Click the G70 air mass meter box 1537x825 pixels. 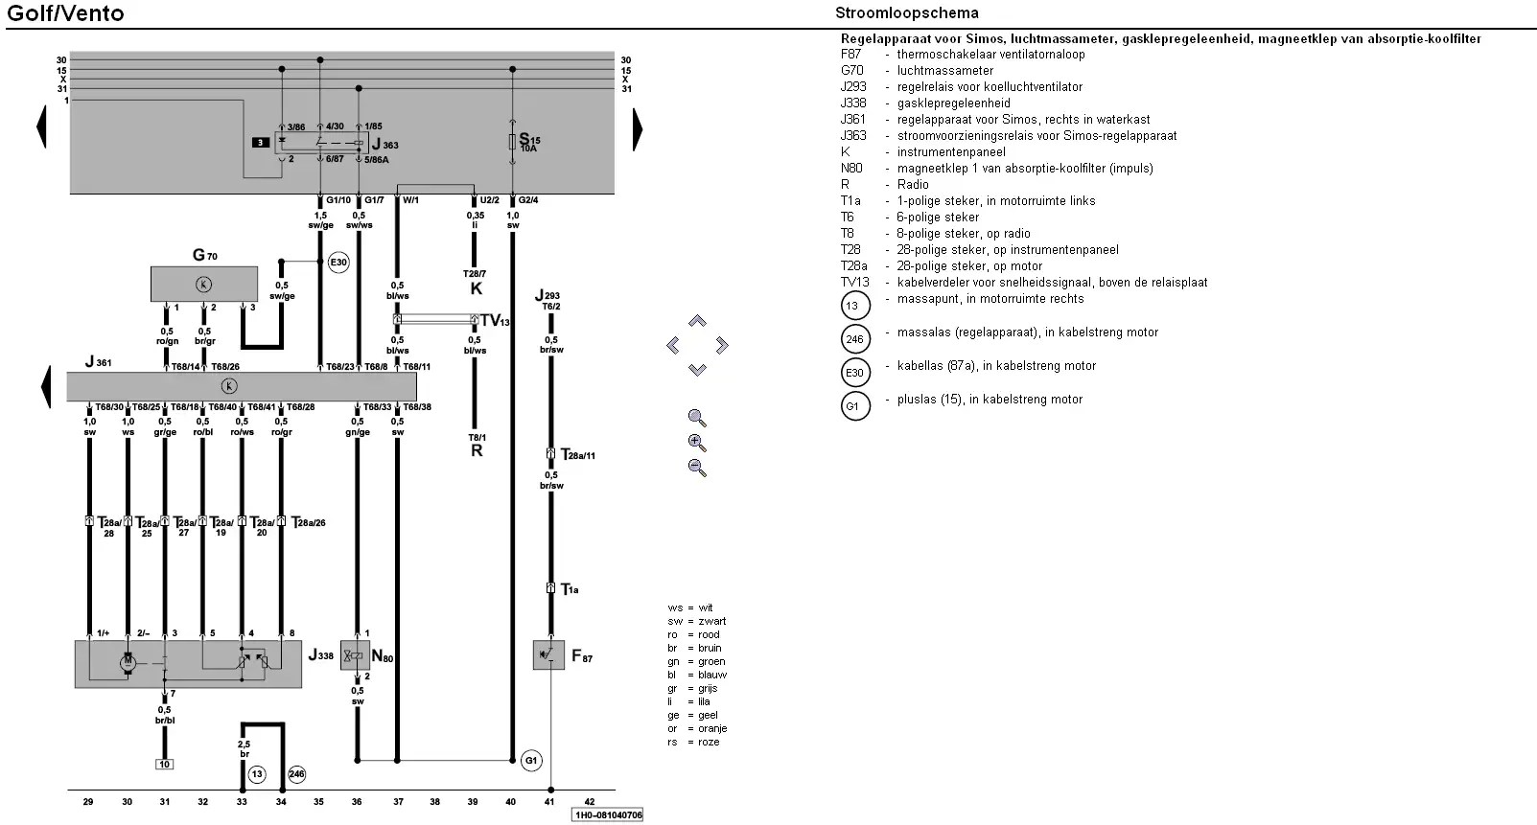(x=203, y=284)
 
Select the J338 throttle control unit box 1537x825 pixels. (x=188, y=663)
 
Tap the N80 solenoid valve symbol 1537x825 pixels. (x=355, y=656)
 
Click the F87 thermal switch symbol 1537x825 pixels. (x=548, y=655)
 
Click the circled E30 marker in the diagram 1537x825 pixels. (x=338, y=262)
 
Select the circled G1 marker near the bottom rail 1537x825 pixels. (x=531, y=761)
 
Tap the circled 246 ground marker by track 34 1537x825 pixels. (x=296, y=773)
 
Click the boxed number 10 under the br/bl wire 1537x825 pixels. (x=165, y=765)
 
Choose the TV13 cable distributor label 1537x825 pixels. (x=495, y=320)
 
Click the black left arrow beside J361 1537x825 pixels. (x=44, y=387)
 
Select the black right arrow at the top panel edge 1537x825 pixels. (x=638, y=128)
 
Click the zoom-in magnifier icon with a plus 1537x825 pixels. (x=697, y=443)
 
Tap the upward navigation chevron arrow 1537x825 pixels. (x=697, y=321)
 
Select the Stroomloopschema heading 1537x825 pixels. (x=906, y=12)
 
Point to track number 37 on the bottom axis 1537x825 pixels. (x=397, y=801)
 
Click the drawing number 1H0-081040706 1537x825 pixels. (x=607, y=814)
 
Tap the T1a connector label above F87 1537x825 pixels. (x=570, y=589)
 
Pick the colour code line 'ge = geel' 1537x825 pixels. (x=697, y=715)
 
